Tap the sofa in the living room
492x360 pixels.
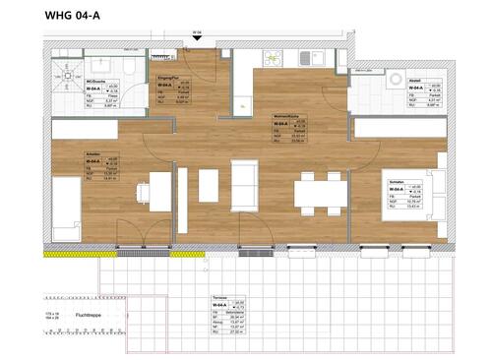pyautogui.click(x=243, y=185)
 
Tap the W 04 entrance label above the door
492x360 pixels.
pyautogui.click(x=197, y=32)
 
